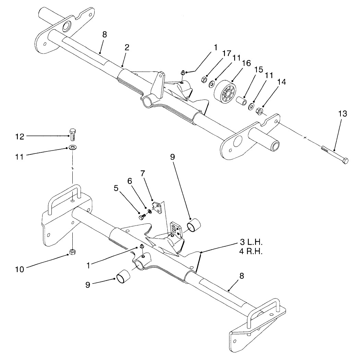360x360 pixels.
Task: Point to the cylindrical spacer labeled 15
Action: (x=242, y=102)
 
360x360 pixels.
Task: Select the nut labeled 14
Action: (x=260, y=112)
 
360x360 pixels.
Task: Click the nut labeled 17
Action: (x=204, y=80)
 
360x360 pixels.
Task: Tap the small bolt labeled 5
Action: (x=142, y=217)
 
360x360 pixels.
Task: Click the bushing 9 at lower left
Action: (x=124, y=276)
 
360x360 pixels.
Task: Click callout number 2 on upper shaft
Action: (x=127, y=48)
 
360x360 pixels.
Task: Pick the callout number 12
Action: (x=20, y=136)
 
